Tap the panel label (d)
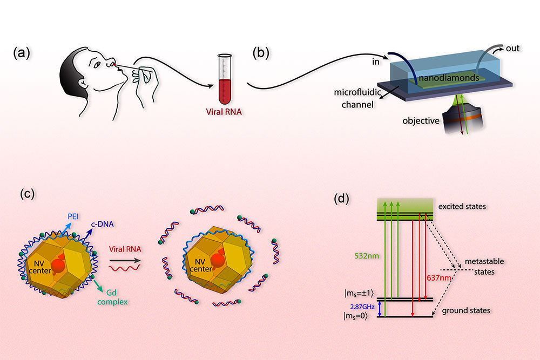344,198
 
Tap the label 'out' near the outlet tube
513,49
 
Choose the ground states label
466,311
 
